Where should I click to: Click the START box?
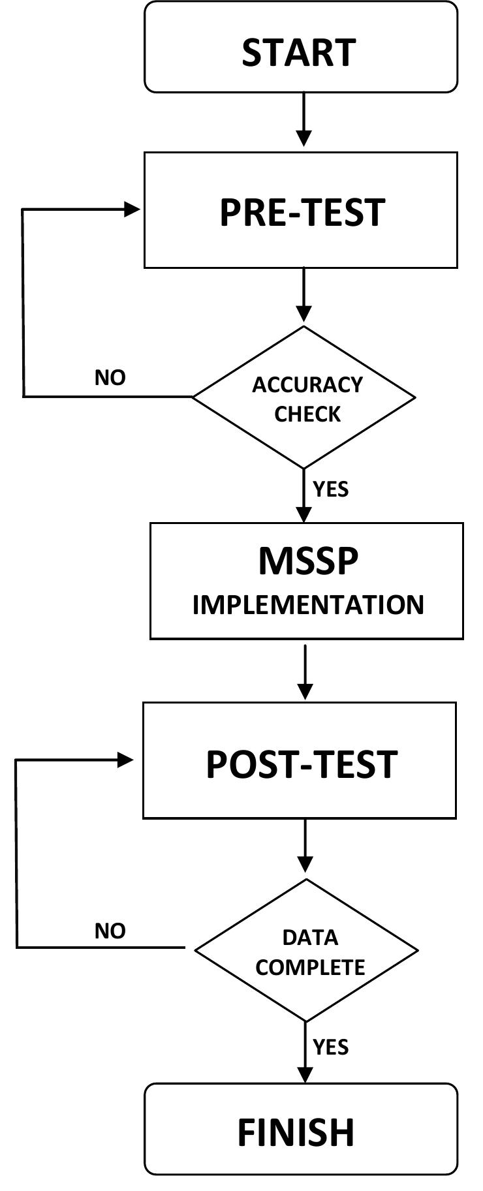(x=300, y=47)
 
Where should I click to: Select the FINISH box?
(x=300, y=1132)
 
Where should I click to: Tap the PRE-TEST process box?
(x=300, y=210)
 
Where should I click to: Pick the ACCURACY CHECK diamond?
(x=304, y=397)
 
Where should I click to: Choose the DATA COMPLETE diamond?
(x=307, y=950)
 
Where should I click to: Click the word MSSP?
(x=308, y=561)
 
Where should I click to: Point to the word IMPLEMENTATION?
(x=308, y=605)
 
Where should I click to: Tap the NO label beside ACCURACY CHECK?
(x=110, y=378)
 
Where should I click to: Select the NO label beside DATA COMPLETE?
(x=110, y=931)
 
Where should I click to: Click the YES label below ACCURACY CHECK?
(x=331, y=489)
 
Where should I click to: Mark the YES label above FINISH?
(x=331, y=1047)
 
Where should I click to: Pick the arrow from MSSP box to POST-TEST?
(x=305, y=672)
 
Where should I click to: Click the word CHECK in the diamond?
(x=307, y=414)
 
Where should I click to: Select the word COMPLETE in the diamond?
(x=310, y=967)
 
